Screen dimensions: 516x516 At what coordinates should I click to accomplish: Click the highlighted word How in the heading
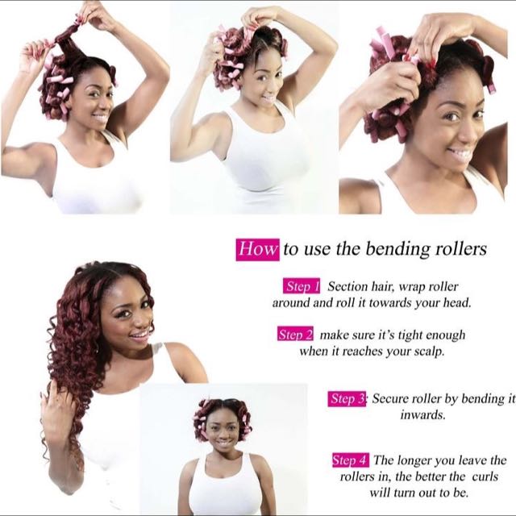(257, 249)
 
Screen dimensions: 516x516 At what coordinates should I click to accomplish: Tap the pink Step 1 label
(302, 286)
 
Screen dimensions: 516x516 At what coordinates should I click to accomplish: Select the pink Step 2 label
(295, 335)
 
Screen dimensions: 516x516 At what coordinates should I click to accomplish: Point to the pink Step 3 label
(348, 399)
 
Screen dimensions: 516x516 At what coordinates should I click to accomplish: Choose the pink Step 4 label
(351, 460)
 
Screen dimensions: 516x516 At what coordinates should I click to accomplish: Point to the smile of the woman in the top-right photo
(460, 152)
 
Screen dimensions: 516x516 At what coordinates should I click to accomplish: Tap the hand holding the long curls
(58, 411)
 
